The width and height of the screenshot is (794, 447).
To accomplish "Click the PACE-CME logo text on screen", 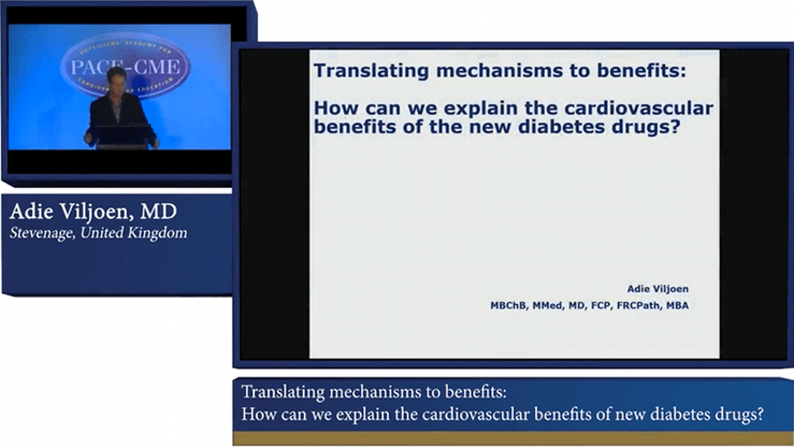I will tap(126, 68).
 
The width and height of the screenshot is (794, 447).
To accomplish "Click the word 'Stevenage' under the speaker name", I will tap(42, 233).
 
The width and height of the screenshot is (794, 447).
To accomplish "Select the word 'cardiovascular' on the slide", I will tap(648, 109).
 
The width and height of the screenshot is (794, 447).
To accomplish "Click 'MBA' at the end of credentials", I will tap(677, 305).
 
